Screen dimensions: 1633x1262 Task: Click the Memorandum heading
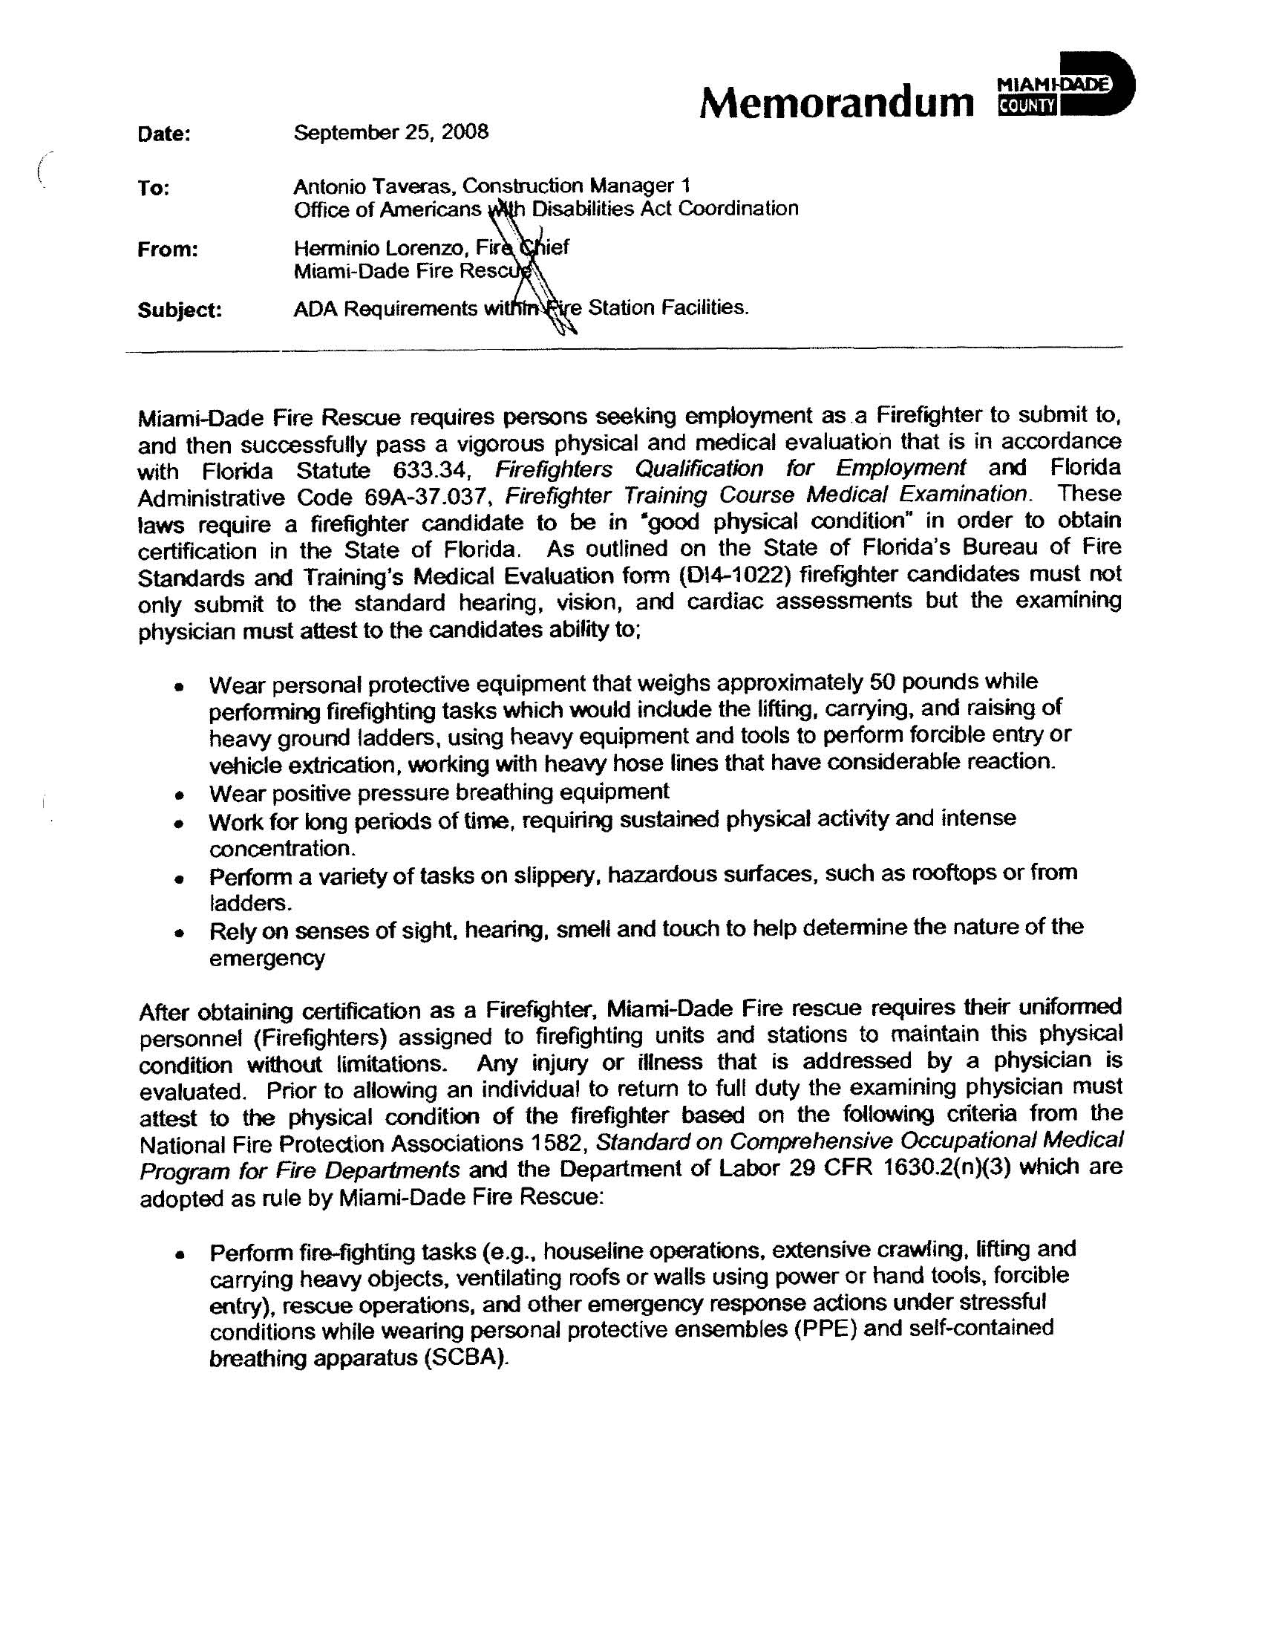point(836,102)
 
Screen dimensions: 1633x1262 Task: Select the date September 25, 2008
point(390,132)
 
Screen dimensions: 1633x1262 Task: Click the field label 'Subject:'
point(180,310)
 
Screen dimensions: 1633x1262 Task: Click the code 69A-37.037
point(427,498)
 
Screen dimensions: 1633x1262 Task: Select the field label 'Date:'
point(165,134)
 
